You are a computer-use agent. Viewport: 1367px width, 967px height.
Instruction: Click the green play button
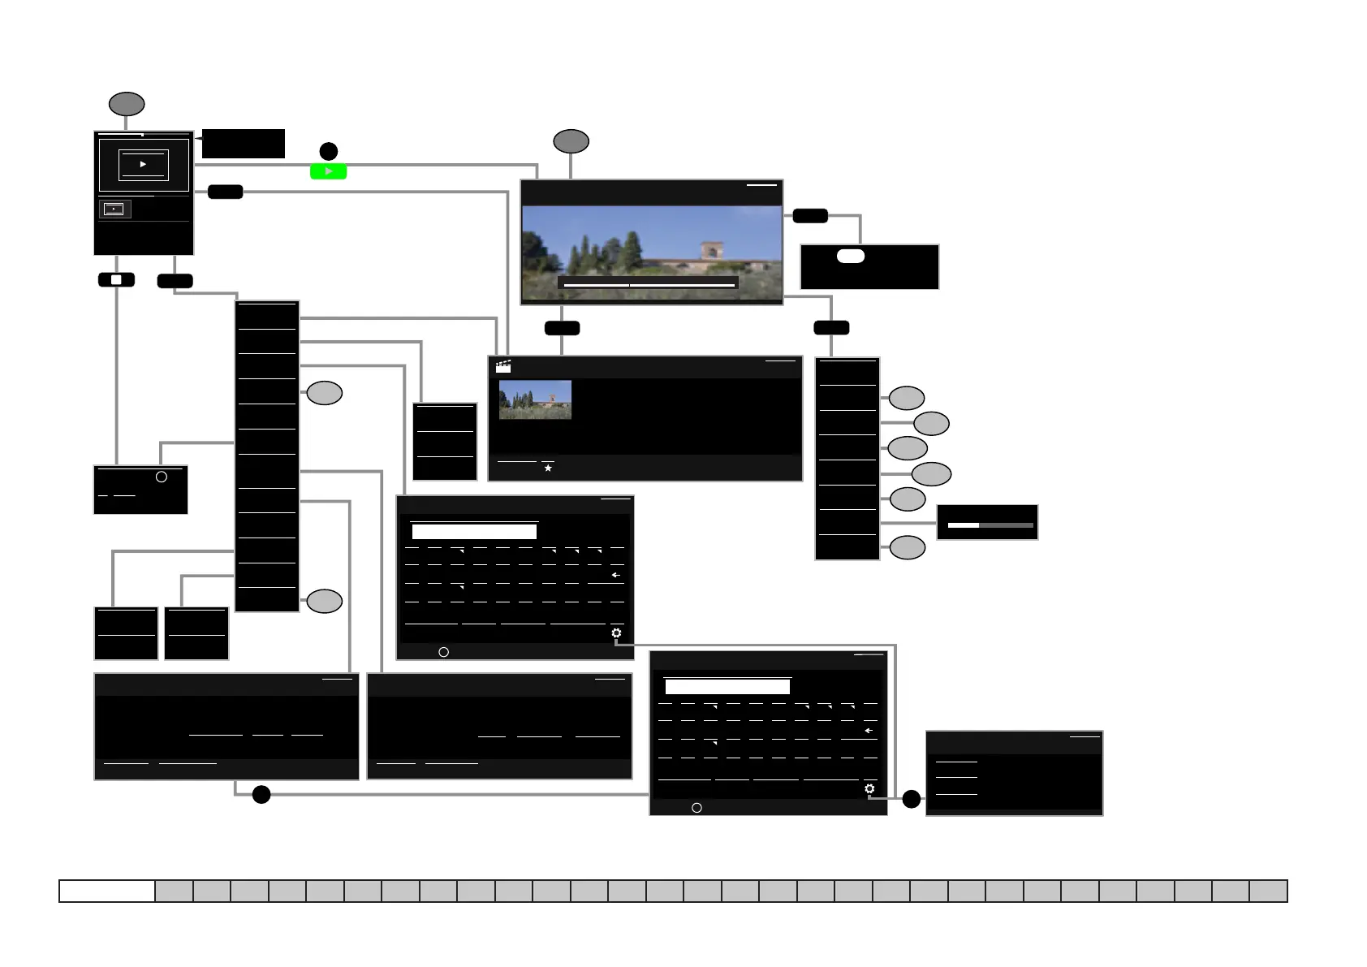(328, 171)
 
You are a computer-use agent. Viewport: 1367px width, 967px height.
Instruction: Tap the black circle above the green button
(328, 151)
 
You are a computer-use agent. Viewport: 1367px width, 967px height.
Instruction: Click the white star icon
(548, 468)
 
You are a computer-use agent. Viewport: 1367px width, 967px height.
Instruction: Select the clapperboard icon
(503, 366)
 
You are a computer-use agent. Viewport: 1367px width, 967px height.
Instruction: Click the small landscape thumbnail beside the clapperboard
(535, 399)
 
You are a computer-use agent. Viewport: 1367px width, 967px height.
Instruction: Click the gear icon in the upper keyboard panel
(616, 633)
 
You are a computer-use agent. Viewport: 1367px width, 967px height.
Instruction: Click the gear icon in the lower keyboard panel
(869, 788)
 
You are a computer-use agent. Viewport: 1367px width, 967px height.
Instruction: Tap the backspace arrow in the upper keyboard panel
(616, 575)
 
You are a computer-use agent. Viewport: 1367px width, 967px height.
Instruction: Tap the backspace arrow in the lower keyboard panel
(869, 731)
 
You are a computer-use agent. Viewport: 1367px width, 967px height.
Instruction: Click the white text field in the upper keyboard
(474, 532)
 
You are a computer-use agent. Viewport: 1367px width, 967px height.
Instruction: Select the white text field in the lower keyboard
(727, 687)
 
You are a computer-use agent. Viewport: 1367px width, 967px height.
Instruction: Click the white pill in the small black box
(851, 256)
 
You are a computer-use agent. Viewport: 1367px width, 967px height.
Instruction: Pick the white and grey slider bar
(990, 525)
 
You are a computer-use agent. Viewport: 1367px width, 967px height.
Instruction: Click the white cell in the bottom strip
(107, 891)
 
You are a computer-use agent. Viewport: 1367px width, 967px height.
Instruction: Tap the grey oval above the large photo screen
(571, 141)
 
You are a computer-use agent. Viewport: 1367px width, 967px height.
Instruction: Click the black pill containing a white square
(116, 280)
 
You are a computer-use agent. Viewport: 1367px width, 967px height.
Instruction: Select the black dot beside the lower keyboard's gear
(912, 799)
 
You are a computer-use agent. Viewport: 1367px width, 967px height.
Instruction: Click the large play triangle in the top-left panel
(143, 164)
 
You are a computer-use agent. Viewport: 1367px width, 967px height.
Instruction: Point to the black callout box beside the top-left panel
(243, 144)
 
